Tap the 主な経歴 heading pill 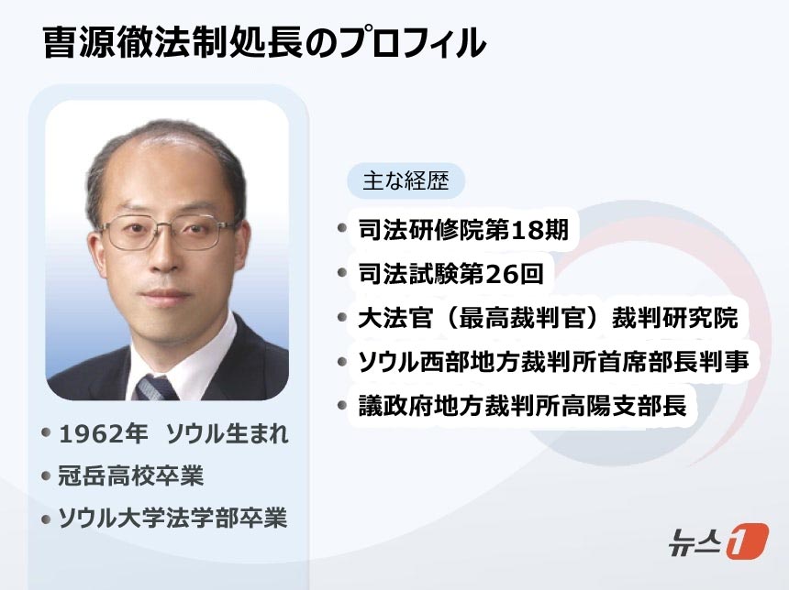click(406, 180)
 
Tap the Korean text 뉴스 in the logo click(695, 541)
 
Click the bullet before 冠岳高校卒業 click(46, 475)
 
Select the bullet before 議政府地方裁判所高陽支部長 click(342, 405)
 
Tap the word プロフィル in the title click(412, 43)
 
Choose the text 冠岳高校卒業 click(131, 475)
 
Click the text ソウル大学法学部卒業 click(172, 519)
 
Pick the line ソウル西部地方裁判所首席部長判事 click(553, 361)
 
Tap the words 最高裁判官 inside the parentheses click(522, 318)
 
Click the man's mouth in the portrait click(164, 294)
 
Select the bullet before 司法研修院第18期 click(342, 228)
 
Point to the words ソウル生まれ click(227, 433)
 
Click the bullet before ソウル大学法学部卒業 click(46, 519)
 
